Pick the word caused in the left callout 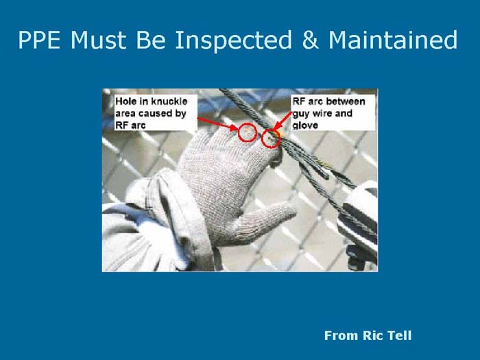pyautogui.click(x=156, y=113)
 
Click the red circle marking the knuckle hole pyautogui.click(x=247, y=132)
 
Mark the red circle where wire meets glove pyautogui.click(x=271, y=139)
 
